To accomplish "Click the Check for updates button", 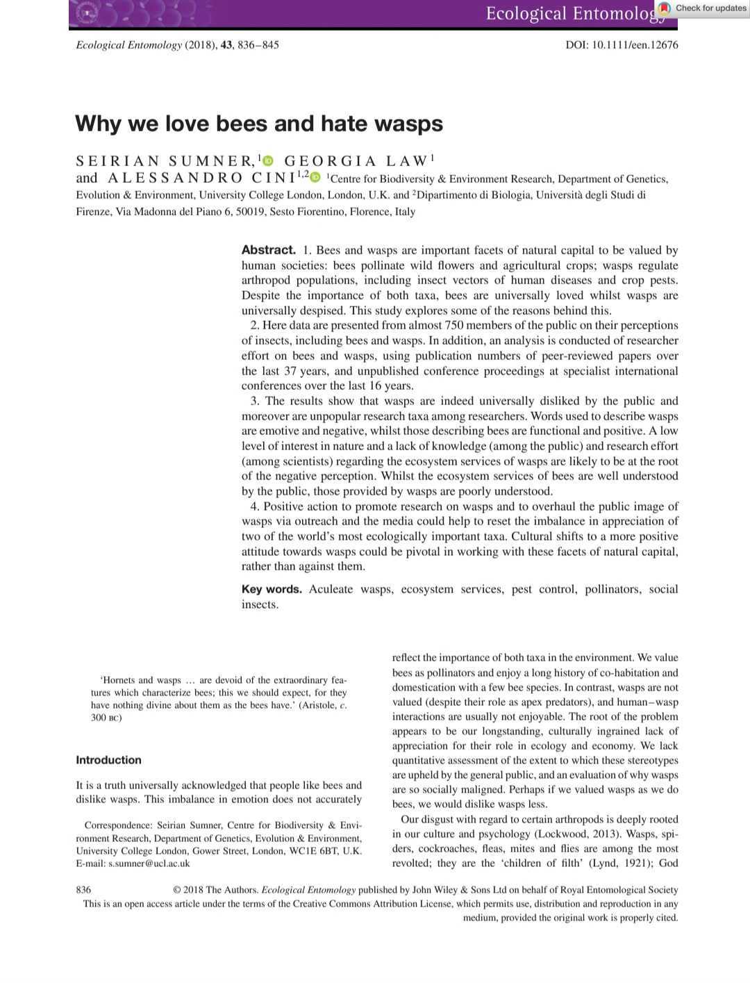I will pyautogui.click(x=703, y=8).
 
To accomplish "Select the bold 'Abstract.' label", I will pyautogui.click(x=269, y=250).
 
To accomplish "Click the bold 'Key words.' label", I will pyautogui.click(x=272, y=589).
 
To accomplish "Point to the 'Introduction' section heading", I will pyautogui.click(x=108, y=760).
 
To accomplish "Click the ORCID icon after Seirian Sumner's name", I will pyautogui.click(x=269, y=161).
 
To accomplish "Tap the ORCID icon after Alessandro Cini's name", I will pyautogui.click(x=315, y=178).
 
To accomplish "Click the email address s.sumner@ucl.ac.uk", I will pyautogui.click(x=149, y=864).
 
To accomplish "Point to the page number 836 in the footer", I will pyautogui.click(x=83, y=889).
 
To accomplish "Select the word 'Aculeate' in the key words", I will pyautogui.click(x=331, y=589).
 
